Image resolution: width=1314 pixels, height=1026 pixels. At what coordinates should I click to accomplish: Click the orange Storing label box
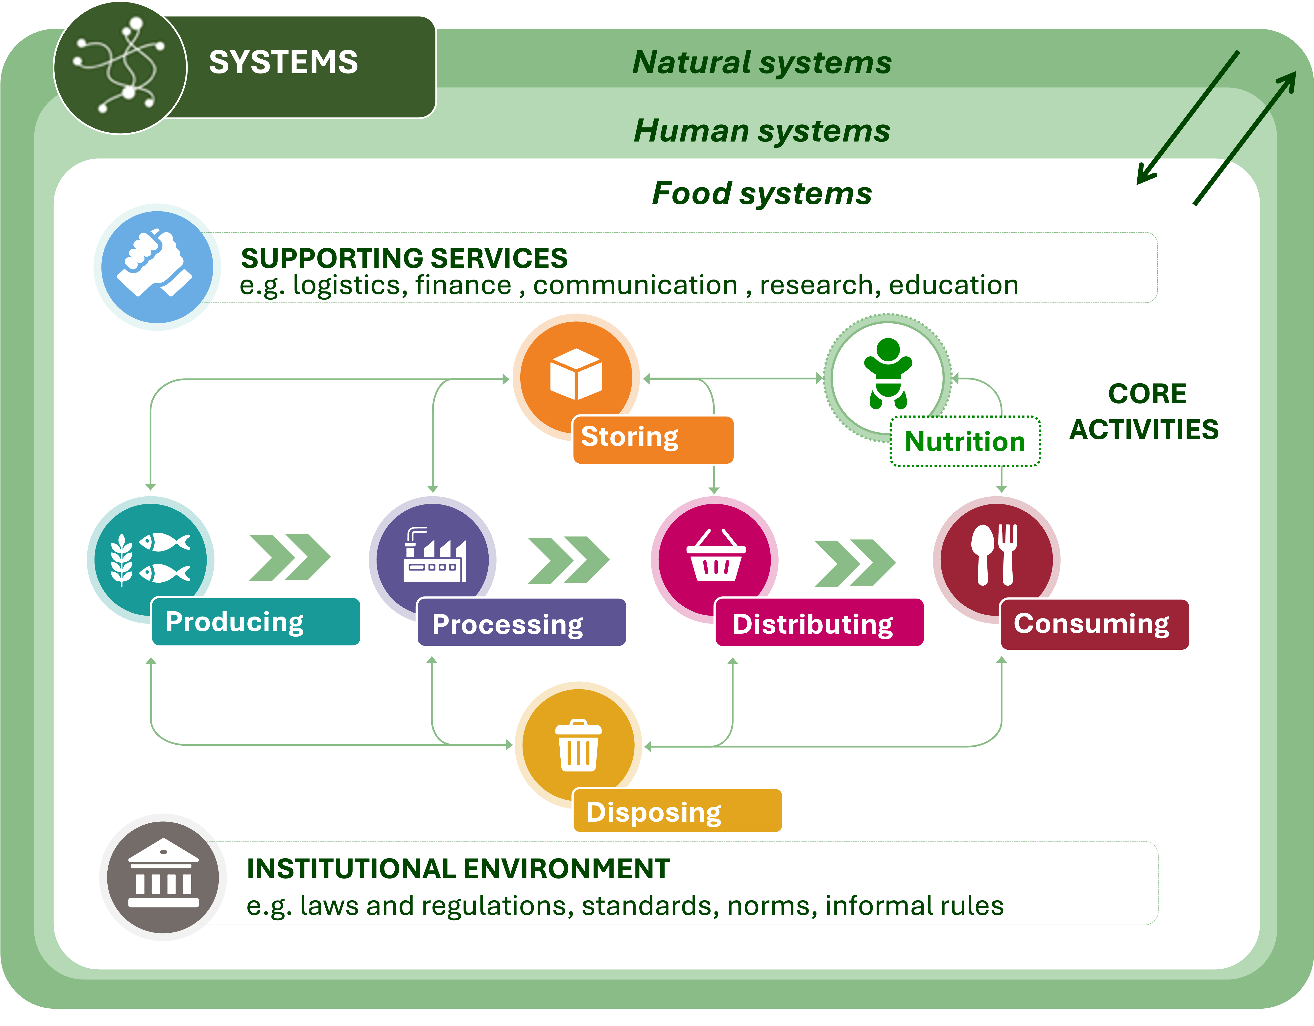pyautogui.click(x=653, y=439)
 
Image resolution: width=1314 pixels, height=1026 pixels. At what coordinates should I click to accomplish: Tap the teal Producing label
pyautogui.click(x=256, y=622)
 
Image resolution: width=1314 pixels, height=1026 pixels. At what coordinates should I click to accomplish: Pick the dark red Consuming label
pyautogui.click(x=1094, y=624)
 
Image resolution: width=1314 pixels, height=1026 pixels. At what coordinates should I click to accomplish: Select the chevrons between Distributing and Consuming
pyautogui.click(x=854, y=563)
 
